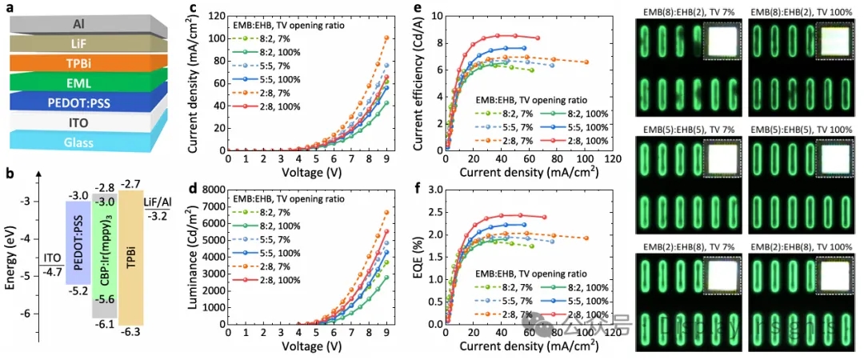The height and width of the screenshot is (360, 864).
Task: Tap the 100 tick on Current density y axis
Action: [216, 38]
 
